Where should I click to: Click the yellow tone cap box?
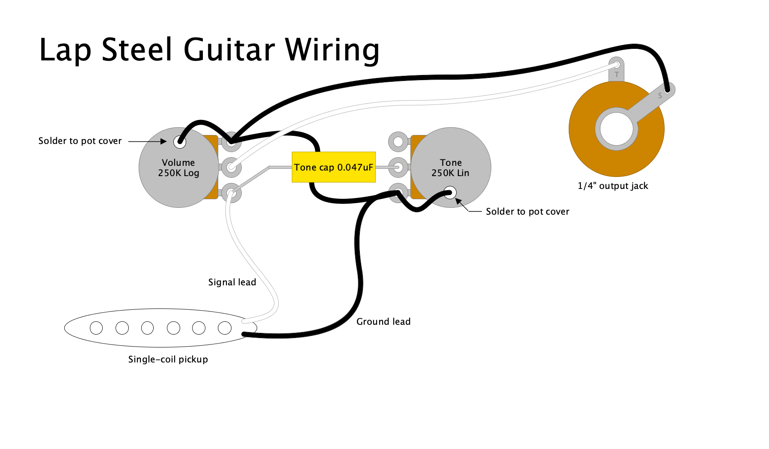click(333, 167)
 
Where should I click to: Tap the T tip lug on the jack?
click(616, 69)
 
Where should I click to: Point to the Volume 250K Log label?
click(178, 168)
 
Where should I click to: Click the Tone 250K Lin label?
click(450, 168)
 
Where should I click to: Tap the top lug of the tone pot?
click(398, 141)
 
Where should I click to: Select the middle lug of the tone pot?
click(398, 167)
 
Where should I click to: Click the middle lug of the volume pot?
click(232, 167)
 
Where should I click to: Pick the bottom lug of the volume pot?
click(232, 192)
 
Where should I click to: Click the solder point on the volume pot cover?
click(180, 142)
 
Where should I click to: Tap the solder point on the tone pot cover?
click(450, 192)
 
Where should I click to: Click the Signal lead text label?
click(232, 282)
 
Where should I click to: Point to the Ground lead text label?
click(383, 322)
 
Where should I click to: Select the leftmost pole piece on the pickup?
click(96, 328)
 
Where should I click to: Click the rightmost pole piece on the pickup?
click(225, 328)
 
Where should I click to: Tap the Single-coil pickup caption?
click(168, 359)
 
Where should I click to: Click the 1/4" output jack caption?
click(612, 186)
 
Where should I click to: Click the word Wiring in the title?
click(332, 50)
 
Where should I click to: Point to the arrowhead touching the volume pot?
click(164, 141)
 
